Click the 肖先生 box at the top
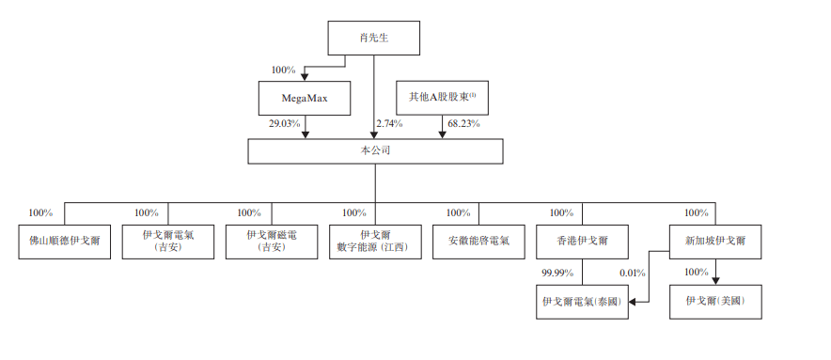[373, 39]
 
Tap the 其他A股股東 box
[442, 96]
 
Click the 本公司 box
[374, 149]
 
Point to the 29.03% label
[285, 123]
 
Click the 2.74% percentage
[389, 123]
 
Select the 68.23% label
[463, 123]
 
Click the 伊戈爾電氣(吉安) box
[168, 242]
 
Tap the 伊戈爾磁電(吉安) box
[271, 242]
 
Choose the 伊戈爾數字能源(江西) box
[374, 242]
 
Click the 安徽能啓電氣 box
[478, 242]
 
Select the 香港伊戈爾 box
[582, 242]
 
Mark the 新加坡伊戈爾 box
[715, 242]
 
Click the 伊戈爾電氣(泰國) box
[582, 302]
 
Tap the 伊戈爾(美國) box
[715, 302]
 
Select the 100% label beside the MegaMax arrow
[283, 70]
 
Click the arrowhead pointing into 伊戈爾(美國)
[715, 280]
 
